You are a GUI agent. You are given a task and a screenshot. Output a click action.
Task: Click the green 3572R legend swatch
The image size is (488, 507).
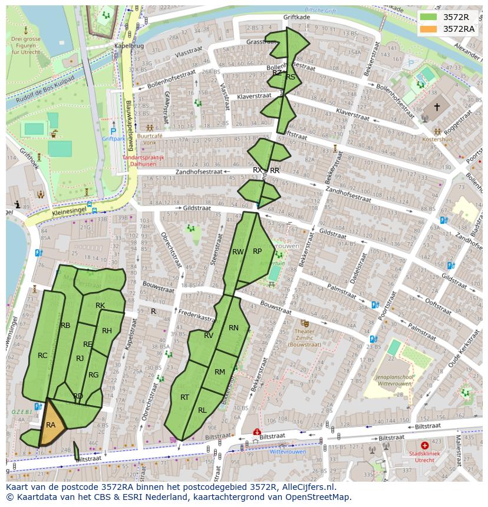[428, 16]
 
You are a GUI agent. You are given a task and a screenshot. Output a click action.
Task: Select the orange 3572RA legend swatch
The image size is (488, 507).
[428, 29]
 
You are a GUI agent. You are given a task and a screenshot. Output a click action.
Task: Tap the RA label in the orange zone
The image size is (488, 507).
[51, 425]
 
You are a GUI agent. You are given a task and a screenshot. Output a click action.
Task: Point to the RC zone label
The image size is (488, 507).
[42, 356]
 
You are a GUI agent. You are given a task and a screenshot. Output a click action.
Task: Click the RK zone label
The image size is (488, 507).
[100, 305]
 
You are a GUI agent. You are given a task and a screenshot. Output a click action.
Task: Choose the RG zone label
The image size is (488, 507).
[93, 375]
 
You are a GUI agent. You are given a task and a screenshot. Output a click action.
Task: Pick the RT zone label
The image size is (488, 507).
[184, 397]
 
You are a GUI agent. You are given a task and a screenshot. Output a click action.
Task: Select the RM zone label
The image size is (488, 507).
[220, 372]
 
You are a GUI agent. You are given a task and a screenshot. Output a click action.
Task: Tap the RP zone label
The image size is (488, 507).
[257, 251]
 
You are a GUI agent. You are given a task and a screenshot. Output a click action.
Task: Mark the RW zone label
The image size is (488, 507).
[238, 252]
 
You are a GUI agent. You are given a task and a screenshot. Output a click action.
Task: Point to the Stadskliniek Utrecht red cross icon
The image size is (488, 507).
[425, 446]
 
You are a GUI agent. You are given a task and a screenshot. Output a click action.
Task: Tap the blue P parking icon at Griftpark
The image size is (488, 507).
[113, 131]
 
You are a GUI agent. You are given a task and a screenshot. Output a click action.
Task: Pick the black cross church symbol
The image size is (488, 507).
[437, 107]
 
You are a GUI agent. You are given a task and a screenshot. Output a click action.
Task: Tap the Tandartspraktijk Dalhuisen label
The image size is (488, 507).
[143, 161]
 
